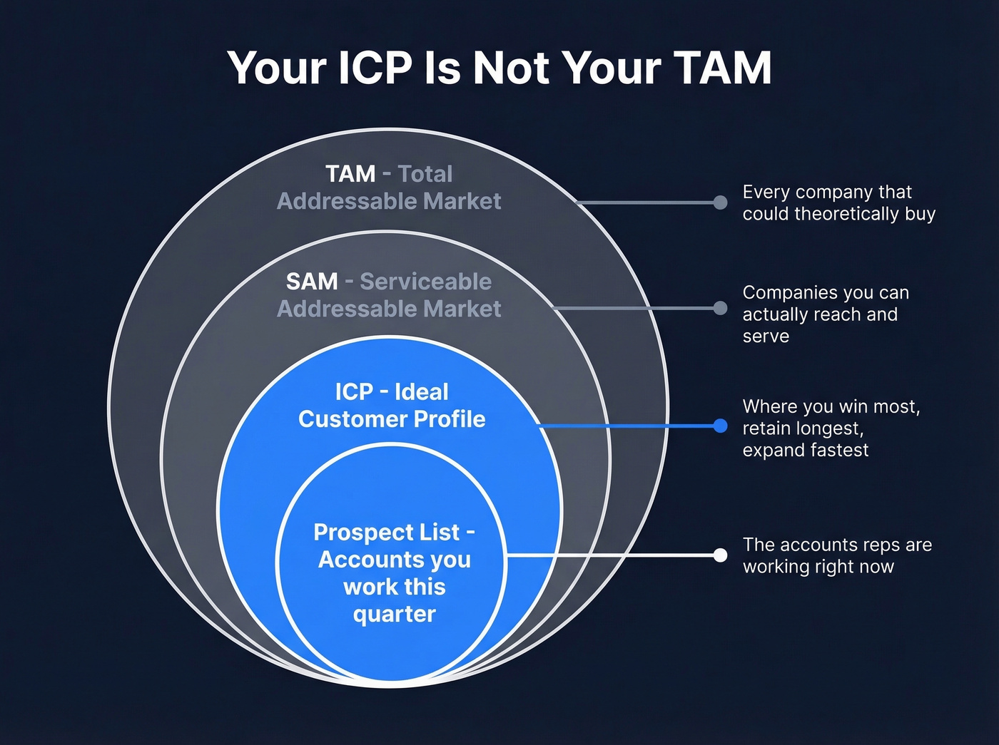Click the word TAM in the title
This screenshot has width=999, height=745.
coord(722,68)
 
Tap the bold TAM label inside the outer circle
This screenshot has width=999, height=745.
coord(350,174)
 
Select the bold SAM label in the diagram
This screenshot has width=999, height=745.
coord(312,282)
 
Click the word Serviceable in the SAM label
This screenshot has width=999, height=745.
coord(425,282)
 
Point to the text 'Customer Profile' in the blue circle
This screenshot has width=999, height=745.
coord(392,419)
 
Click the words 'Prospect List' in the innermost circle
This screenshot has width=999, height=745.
coord(387,533)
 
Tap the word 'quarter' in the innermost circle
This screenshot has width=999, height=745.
coord(394,614)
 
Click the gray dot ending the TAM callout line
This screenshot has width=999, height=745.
coord(720,202)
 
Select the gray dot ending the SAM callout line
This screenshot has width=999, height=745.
coord(720,308)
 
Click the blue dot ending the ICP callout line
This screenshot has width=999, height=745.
coord(720,426)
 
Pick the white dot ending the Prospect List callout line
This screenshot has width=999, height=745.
coord(720,555)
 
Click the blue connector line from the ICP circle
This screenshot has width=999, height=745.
coord(628,426)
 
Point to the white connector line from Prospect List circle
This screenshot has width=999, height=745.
coord(614,555)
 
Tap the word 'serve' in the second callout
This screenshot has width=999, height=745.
coord(766,336)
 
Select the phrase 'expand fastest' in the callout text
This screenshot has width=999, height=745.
coord(806,451)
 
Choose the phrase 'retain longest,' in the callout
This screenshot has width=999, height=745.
coord(803,428)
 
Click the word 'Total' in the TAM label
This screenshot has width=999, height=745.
coord(425,174)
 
